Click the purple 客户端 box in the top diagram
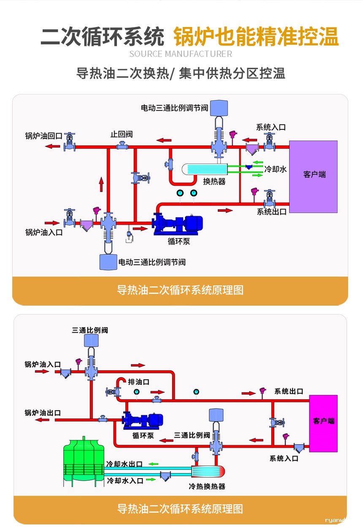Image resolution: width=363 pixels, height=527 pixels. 313,176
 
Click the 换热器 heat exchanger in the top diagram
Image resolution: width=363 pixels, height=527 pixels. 205,169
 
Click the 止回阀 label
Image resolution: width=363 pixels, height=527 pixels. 122,134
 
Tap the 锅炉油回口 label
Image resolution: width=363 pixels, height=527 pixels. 43,136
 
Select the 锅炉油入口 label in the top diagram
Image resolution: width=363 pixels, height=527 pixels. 43,232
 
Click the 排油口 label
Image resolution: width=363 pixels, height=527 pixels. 138,382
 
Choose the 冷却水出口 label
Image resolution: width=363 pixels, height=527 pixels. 124,464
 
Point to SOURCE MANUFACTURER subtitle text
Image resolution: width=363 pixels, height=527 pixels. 181,54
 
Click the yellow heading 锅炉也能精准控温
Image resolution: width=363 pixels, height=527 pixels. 256,37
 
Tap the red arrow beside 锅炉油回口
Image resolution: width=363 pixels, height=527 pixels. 53,146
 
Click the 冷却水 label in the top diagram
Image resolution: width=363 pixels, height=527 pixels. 276,169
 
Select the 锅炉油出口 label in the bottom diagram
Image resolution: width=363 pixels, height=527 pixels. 43,413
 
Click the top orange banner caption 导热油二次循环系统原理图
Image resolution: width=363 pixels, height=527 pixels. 180,290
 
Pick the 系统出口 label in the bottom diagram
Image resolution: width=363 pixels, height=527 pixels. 289,391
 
